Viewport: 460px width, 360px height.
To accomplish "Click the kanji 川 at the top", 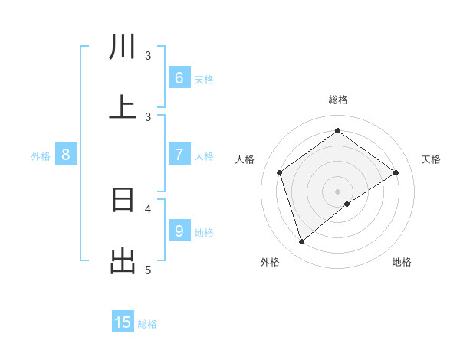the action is pyautogui.click(x=123, y=47).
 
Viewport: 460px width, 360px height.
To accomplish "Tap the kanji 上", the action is pyautogui.click(x=123, y=106).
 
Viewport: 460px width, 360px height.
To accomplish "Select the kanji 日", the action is pyautogui.click(x=123, y=200).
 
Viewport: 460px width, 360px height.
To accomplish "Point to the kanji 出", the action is pyautogui.click(x=123, y=261).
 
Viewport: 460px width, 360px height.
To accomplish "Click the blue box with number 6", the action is pyautogui.click(x=179, y=77).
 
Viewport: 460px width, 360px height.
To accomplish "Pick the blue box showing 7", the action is pyautogui.click(x=179, y=155).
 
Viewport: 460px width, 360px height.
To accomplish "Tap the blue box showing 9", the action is pyautogui.click(x=179, y=231).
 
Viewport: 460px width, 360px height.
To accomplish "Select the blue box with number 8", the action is pyautogui.click(x=66, y=155).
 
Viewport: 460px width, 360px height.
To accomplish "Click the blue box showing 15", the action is pyautogui.click(x=123, y=322).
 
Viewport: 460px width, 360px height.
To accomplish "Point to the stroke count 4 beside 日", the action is pyautogui.click(x=149, y=208).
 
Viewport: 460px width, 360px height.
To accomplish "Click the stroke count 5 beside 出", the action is pyautogui.click(x=149, y=270).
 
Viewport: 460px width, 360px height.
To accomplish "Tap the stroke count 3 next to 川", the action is pyautogui.click(x=149, y=55).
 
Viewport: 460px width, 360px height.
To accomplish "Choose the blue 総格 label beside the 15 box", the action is pyautogui.click(x=147, y=324).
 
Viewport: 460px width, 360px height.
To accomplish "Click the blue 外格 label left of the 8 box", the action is pyautogui.click(x=41, y=156).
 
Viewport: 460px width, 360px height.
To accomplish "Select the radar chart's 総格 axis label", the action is pyautogui.click(x=338, y=100).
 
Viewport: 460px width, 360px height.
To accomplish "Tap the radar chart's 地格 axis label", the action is pyautogui.click(x=402, y=262).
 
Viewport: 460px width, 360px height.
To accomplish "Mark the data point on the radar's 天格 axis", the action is pyautogui.click(x=396, y=172).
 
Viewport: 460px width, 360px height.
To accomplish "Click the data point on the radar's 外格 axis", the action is pyautogui.click(x=301, y=242).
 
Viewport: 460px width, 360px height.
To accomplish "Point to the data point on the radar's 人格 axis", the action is pyautogui.click(x=280, y=172).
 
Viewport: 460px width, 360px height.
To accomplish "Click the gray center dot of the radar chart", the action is pyautogui.click(x=338, y=191).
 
